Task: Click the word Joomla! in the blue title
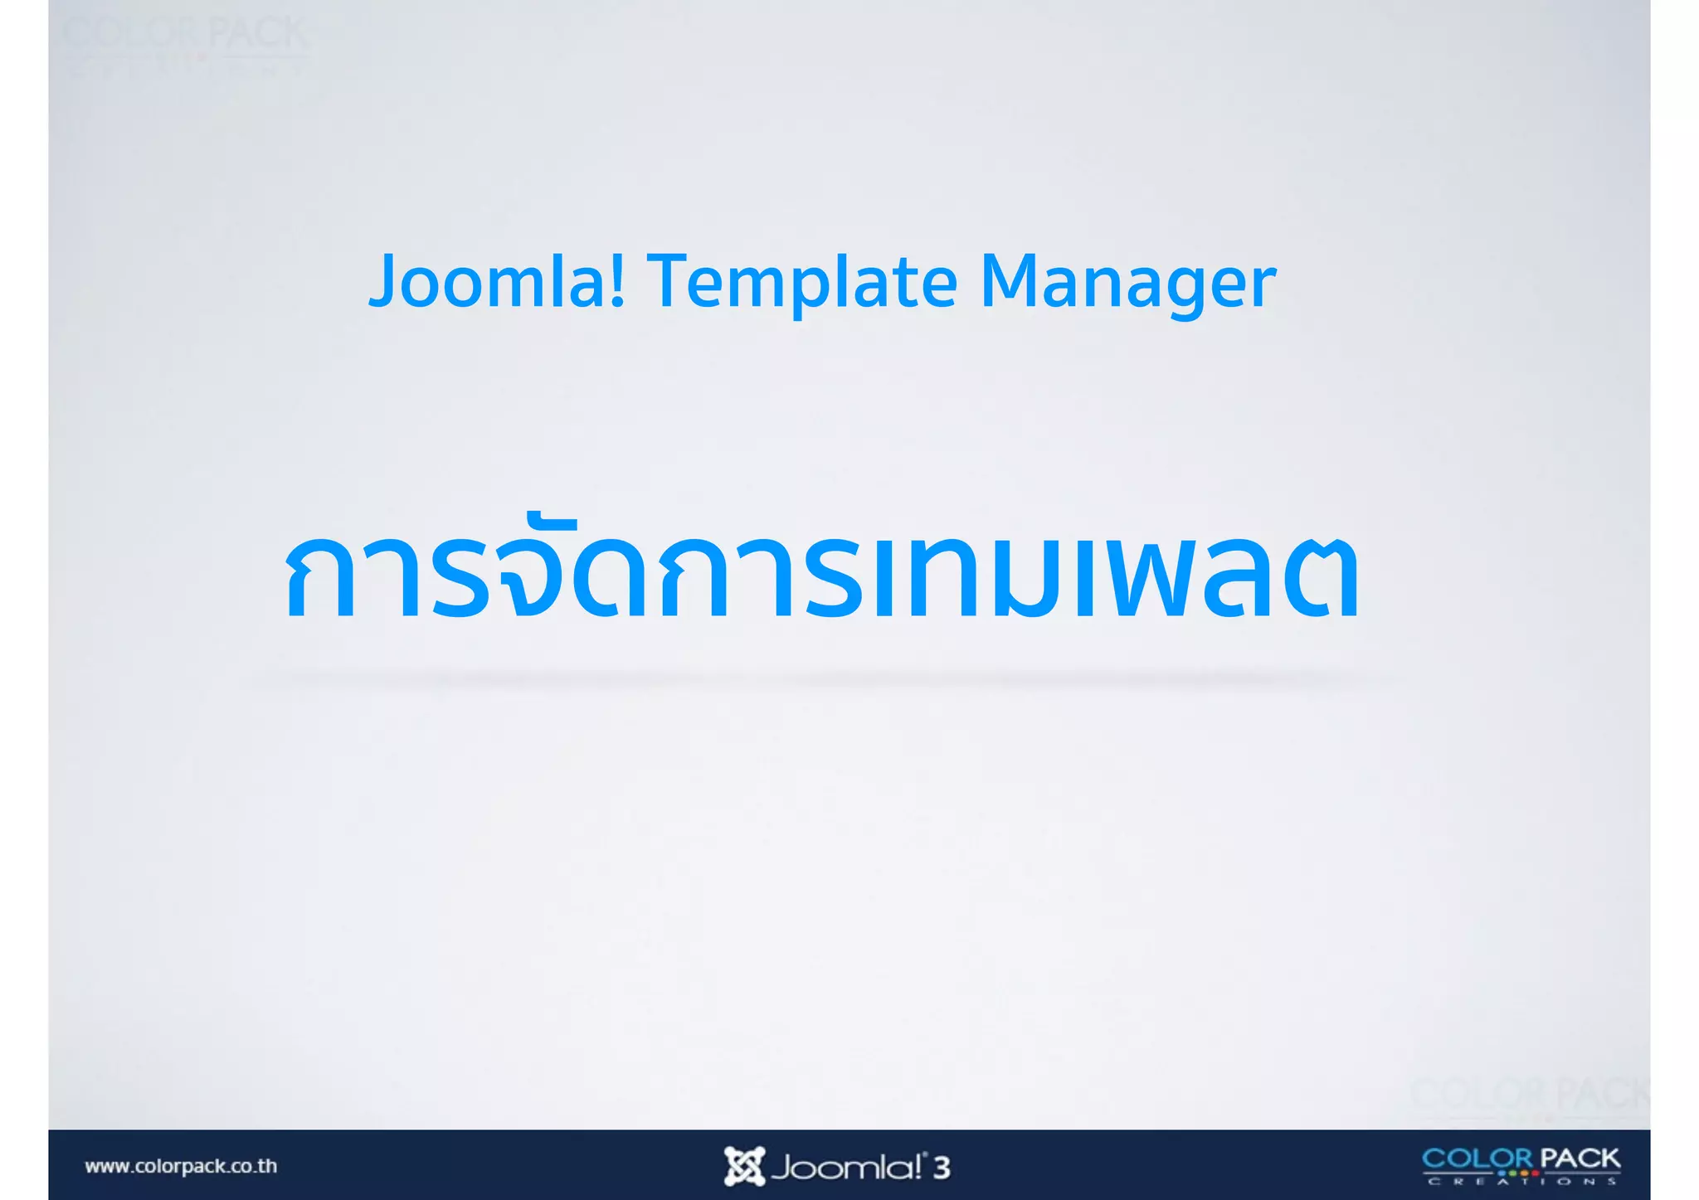pyautogui.click(x=496, y=282)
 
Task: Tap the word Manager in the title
pyautogui.click(x=1127, y=282)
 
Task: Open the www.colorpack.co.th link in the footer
pyautogui.click(x=181, y=1166)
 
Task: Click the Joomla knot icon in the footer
pyautogui.click(x=743, y=1166)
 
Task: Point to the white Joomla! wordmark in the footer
pyautogui.click(x=846, y=1168)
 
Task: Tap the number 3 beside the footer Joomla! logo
pyautogui.click(x=941, y=1168)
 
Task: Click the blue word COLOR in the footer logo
pyautogui.click(x=1477, y=1158)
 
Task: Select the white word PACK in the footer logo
pyautogui.click(x=1580, y=1158)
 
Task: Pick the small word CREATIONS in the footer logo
pyautogui.click(x=1522, y=1182)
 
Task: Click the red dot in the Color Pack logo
pyautogui.click(x=1535, y=1173)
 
